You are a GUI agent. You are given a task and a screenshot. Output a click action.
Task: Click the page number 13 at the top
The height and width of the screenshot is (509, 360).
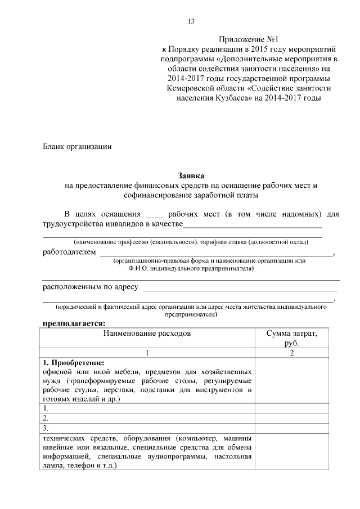tap(191, 21)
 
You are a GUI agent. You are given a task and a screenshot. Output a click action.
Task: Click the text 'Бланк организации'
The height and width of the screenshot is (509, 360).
tap(78, 147)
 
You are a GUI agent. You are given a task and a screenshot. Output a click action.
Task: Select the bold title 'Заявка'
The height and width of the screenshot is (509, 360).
tap(190, 175)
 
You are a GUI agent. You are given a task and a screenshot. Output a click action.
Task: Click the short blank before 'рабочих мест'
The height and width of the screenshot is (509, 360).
tap(154, 215)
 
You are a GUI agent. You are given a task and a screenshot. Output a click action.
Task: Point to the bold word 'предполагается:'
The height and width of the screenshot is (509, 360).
tap(74, 323)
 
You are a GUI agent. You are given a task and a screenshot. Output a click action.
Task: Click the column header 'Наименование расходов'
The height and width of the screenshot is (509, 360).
tap(147, 333)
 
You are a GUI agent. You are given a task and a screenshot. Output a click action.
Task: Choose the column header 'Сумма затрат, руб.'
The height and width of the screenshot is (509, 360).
tap(291, 337)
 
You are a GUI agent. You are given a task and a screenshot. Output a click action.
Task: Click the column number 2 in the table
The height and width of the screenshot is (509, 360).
tap(291, 353)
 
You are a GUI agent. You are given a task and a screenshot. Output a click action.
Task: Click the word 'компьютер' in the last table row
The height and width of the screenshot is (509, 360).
tap(197, 438)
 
